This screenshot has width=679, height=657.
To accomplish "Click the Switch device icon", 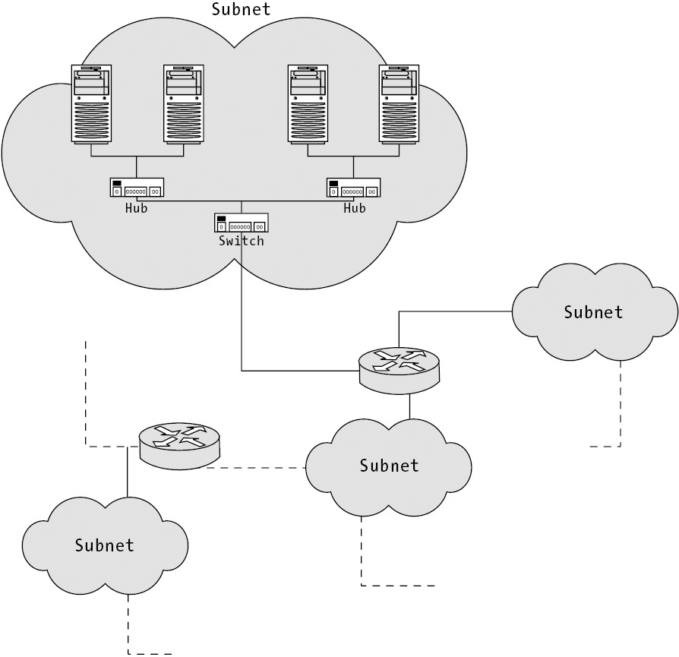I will [242, 223].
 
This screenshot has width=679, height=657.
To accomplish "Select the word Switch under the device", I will [242, 241].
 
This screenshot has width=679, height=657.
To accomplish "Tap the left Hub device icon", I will [137, 188].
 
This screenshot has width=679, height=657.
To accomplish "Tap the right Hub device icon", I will [354, 188].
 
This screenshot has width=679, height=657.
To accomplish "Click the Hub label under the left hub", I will [137, 208].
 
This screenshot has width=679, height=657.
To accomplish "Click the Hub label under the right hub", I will [354, 208].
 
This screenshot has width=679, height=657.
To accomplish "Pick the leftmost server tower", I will [91, 104].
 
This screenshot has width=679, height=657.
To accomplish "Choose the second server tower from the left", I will [183, 104].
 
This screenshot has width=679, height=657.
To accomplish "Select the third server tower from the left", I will [308, 104].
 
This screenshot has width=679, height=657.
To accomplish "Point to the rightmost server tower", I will [400, 104].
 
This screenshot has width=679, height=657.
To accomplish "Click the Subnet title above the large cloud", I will [241, 10].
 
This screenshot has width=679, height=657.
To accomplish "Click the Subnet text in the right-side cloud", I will [593, 312].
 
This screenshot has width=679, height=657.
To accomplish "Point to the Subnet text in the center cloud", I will [389, 465].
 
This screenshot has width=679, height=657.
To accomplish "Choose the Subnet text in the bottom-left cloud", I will [105, 545].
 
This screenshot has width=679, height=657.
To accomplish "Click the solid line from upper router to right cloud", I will [456, 311].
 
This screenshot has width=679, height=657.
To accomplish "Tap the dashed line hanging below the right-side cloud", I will [622, 403].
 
